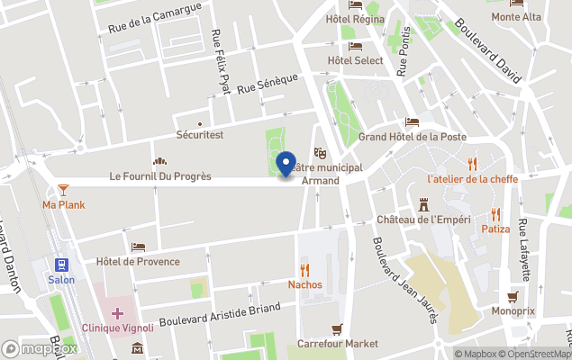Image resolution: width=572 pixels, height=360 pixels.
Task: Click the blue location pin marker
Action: pos(286,166)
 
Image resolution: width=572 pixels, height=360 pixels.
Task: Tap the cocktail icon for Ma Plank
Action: pos(63,189)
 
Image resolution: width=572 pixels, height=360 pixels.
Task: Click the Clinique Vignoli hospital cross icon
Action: pos(118,312)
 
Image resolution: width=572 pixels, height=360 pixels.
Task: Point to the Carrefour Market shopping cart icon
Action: pos(338,328)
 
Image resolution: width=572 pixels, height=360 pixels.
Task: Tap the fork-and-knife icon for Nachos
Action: pos(304,269)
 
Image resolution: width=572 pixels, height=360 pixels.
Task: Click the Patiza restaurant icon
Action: pos(495,214)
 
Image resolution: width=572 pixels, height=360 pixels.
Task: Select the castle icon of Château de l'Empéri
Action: pos(424,205)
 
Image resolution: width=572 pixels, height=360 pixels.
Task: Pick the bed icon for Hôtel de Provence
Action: pos(138,247)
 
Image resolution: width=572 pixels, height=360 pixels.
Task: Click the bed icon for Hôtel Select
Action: pos(355,46)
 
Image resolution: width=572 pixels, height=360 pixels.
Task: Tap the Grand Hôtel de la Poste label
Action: pos(413,137)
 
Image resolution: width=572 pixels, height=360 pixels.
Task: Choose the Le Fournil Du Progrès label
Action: pos(160,176)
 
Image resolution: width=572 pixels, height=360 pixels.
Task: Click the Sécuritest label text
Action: pos(200,135)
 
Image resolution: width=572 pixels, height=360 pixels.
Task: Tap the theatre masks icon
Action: pos(318,154)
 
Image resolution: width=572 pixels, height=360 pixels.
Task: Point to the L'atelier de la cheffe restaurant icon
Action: pos(472,163)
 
